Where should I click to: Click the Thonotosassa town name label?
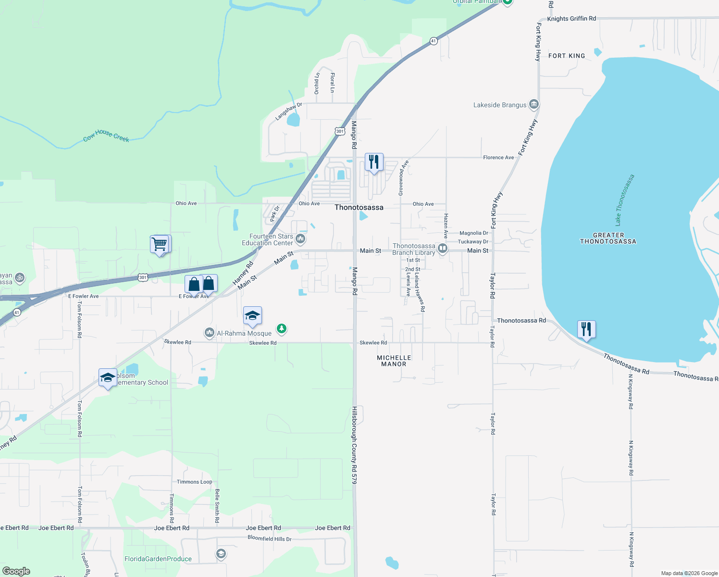[359, 207]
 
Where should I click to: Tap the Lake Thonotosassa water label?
[625, 200]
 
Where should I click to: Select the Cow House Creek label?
[106, 136]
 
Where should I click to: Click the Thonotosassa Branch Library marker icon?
[443, 249]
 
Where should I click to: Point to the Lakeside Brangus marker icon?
[533, 104]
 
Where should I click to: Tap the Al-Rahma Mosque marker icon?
[209, 333]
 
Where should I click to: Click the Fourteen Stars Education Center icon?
[300, 238]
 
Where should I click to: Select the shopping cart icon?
[160, 244]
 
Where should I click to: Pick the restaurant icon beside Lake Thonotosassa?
[586, 329]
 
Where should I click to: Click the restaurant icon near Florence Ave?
[373, 162]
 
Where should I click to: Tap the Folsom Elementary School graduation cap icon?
[108, 377]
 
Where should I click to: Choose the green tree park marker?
[282, 329]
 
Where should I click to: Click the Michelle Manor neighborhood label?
[394, 361]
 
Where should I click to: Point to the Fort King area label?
[567, 56]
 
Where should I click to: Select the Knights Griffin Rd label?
[571, 19]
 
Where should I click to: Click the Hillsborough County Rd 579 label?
[354, 445]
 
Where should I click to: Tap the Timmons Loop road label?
[194, 482]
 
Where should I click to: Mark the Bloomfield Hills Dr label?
[269, 539]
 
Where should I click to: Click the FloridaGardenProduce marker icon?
[221, 554]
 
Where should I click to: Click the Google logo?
[16, 571]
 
